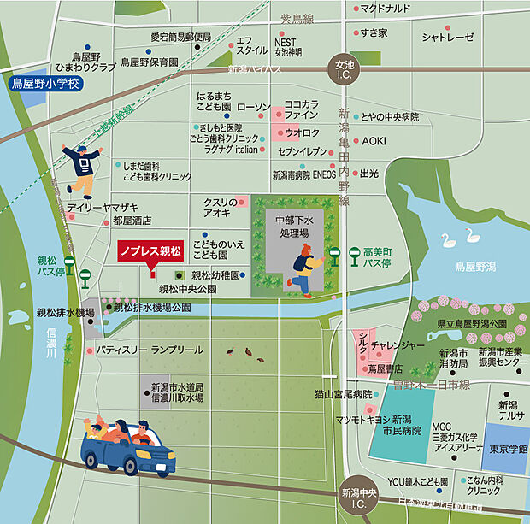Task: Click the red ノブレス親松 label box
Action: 150,251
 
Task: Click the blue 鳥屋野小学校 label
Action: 44,85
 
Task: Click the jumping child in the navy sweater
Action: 82,169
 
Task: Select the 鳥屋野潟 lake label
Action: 475,268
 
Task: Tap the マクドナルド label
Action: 386,9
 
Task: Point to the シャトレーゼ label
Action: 447,37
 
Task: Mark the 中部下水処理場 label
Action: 289,226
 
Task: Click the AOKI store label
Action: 374,140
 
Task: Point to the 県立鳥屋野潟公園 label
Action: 471,325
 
